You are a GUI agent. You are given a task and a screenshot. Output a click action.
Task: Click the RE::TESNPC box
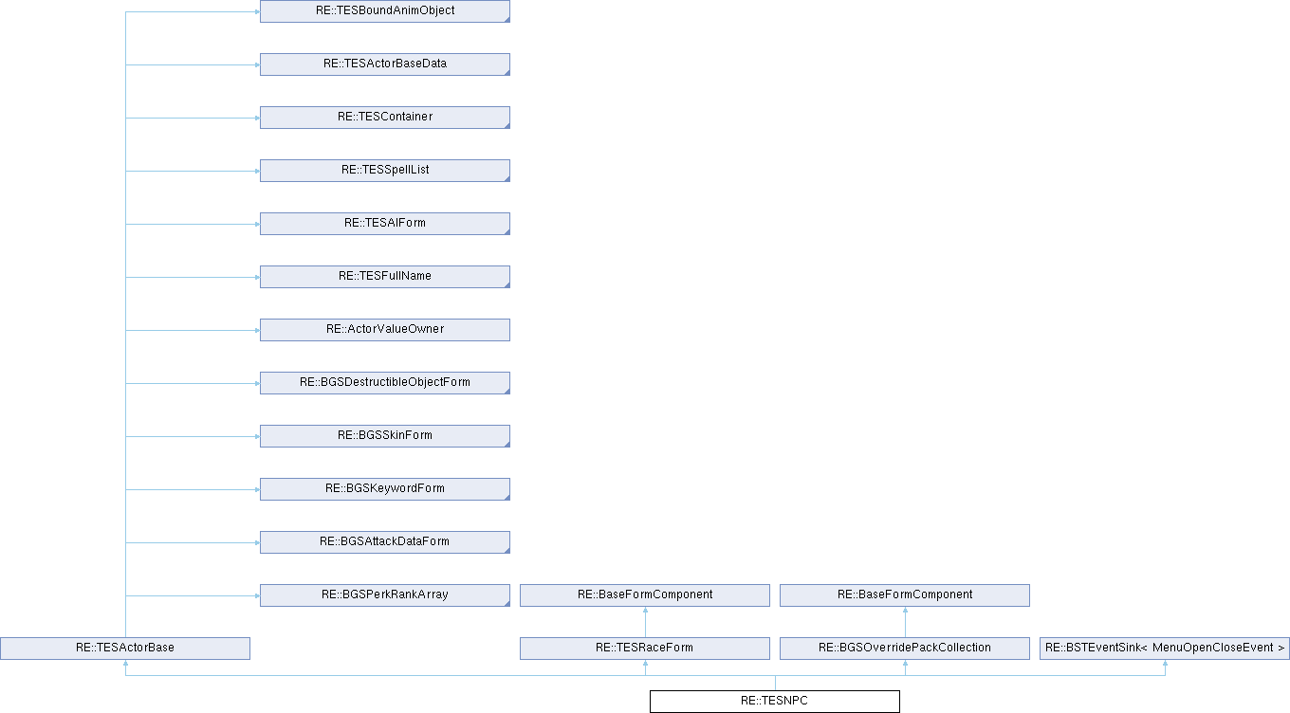tap(775, 701)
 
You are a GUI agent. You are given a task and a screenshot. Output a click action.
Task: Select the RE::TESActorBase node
tap(125, 648)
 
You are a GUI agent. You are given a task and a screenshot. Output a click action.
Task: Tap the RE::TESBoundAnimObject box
tap(385, 11)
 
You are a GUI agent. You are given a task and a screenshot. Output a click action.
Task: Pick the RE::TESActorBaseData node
tap(385, 64)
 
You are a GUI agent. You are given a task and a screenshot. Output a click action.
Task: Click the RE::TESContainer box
tap(385, 118)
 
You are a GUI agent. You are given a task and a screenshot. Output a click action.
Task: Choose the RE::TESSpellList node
tap(385, 171)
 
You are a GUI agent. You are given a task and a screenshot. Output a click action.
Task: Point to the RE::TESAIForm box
tap(385, 223)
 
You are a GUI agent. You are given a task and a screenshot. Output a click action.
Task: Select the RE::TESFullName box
tap(385, 277)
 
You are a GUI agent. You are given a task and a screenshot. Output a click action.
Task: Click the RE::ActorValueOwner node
tap(385, 330)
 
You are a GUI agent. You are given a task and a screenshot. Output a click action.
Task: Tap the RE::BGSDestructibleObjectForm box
tap(385, 383)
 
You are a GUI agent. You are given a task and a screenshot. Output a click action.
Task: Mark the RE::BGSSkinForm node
tap(385, 435)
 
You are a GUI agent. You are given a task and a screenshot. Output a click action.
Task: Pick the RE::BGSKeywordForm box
tap(385, 489)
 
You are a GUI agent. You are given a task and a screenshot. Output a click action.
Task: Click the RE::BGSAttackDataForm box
tap(385, 542)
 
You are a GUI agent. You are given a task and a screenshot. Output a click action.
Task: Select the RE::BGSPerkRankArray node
tap(385, 595)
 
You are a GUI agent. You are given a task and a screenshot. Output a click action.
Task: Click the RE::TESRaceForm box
tap(645, 648)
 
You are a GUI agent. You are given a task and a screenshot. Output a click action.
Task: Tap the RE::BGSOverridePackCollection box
tap(905, 648)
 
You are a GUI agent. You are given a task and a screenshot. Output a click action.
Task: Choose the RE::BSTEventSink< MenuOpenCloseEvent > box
tap(1165, 648)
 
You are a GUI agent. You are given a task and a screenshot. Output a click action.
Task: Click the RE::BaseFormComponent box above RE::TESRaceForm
tap(645, 595)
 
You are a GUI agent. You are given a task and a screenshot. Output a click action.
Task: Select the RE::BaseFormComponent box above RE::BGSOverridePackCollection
tap(905, 595)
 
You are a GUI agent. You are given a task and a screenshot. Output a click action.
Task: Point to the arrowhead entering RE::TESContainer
tap(257, 118)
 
